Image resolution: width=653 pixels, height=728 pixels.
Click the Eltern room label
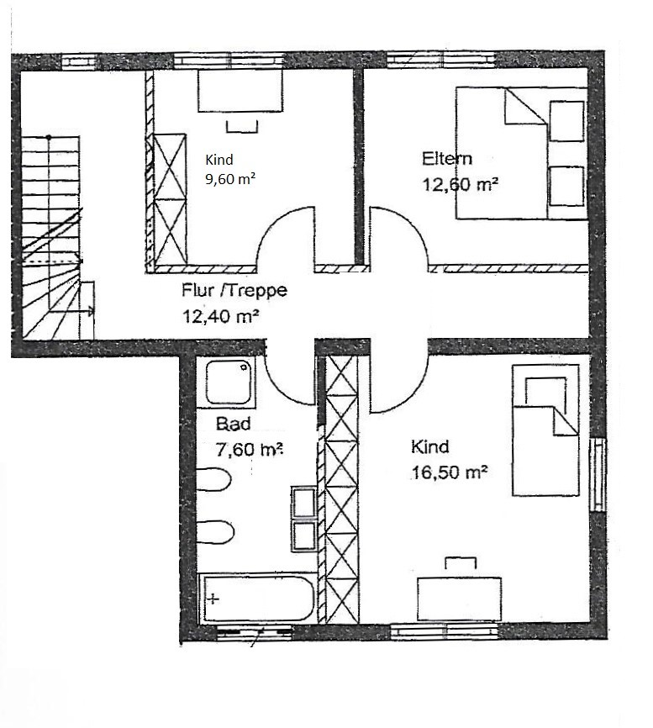coord(447,159)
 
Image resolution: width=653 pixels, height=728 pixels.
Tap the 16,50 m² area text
coord(450,472)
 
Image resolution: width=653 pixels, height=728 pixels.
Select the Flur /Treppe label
coord(234,291)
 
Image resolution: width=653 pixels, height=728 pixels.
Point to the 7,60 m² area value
coord(250,450)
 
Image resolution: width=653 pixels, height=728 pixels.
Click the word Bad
coord(234,424)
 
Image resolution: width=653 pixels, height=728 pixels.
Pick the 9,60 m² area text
coord(230,179)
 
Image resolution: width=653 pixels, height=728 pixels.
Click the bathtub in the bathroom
coord(257,598)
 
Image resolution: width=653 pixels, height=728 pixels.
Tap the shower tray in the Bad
coord(229,382)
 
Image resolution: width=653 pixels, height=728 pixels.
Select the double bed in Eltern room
coord(521,153)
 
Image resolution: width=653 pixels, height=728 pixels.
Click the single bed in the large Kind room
coord(545,430)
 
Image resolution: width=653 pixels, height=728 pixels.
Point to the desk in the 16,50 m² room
coord(460,599)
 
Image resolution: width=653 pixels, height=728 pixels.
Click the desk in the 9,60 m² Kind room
coord(240,91)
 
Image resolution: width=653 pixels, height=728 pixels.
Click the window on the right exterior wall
coord(598,474)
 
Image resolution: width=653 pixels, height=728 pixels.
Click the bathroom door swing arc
coord(284,387)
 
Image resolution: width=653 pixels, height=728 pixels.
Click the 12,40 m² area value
coord(220,317)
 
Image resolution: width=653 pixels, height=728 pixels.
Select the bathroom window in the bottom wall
coord(255,631)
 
